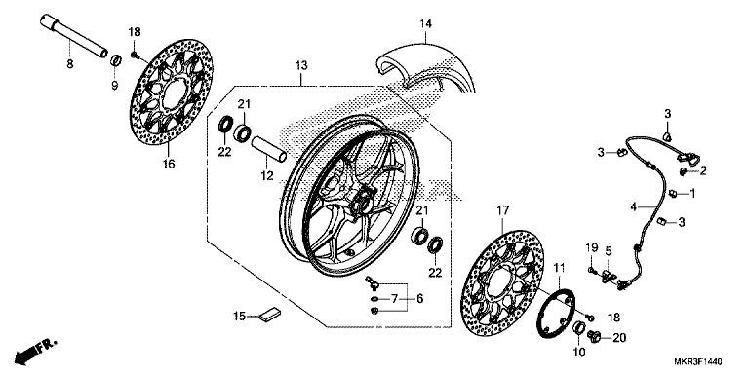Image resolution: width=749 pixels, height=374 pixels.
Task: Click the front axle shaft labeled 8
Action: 73,36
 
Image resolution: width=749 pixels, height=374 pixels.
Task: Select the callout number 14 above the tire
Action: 425,23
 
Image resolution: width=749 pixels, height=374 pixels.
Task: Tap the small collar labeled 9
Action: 115,60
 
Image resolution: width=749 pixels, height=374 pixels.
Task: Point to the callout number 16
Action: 168,164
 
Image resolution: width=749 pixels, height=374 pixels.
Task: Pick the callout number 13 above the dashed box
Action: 301,66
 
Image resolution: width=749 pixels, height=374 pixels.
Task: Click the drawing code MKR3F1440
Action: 698,361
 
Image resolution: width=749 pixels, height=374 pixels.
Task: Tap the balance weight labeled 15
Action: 270,315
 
